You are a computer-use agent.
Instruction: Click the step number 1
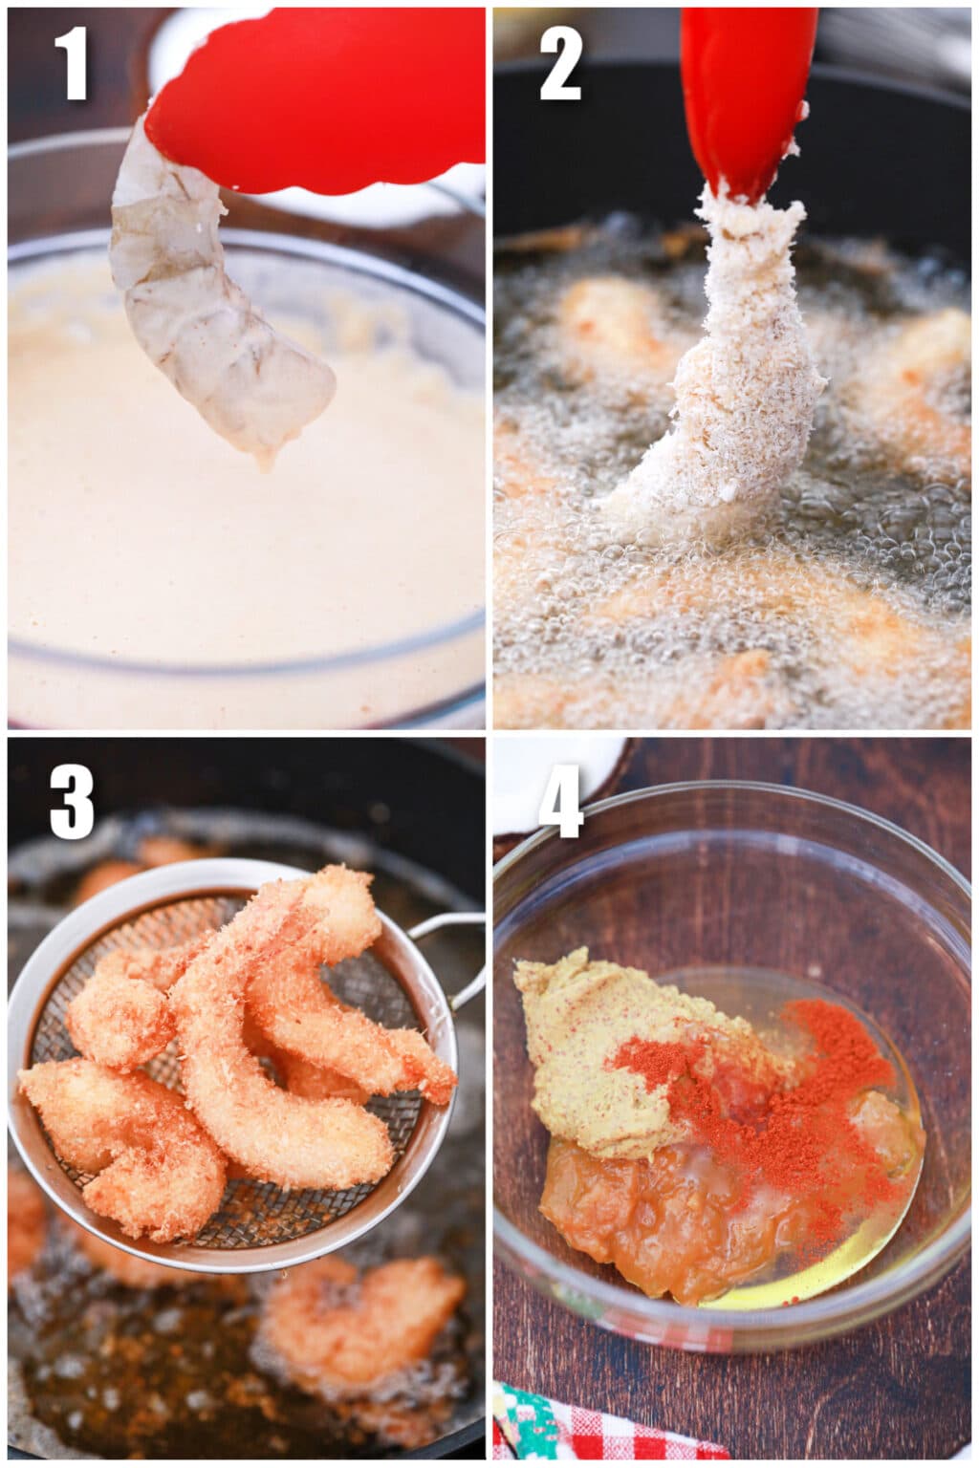point(71,64)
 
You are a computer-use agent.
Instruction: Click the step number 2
point(560,64)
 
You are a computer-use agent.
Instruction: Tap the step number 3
point(72,802)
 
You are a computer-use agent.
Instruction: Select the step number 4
point(560,802)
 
